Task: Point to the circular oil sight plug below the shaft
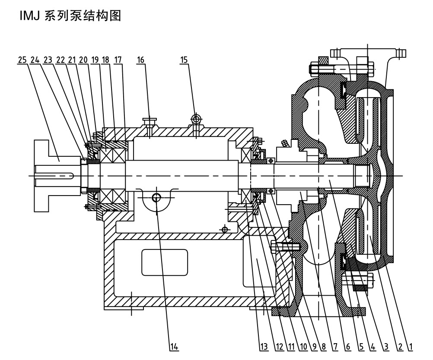156,198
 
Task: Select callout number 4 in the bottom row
371,347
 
